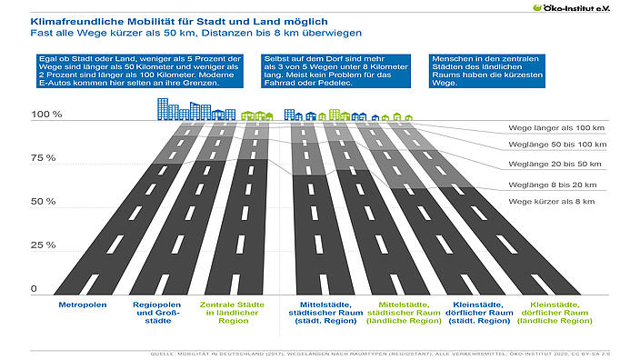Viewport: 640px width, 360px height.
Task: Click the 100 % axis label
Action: (45, 115)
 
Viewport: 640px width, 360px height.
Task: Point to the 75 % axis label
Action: (44, 158)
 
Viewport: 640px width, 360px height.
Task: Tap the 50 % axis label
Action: (44, 201)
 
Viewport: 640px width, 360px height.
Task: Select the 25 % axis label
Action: (44, 245)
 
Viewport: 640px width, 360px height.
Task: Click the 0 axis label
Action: (34, 288)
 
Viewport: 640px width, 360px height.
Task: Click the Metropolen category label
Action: (84, 305)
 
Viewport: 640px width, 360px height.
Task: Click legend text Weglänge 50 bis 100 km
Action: (557, 145)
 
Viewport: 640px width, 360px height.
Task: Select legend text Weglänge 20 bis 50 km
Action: (555, 164)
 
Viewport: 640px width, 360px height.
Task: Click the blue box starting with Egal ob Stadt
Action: (130, 71)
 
